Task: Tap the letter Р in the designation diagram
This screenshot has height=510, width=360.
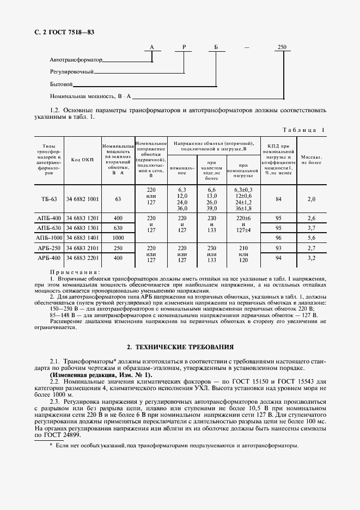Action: (184, 48)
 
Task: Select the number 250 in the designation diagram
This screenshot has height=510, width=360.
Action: (282, 48)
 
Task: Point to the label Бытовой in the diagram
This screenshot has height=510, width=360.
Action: (61, 84)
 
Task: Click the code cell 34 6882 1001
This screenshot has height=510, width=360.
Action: (83, 199)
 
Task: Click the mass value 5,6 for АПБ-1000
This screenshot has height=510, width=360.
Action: (312, 238)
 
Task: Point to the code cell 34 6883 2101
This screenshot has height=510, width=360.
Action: (83, 248)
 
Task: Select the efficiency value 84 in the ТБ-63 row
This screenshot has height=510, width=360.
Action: (278, 199)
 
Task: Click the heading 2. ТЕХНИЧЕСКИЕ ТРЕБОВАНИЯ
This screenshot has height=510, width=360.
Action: (180, 347)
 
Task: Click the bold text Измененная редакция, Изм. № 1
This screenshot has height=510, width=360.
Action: (101, 375)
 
